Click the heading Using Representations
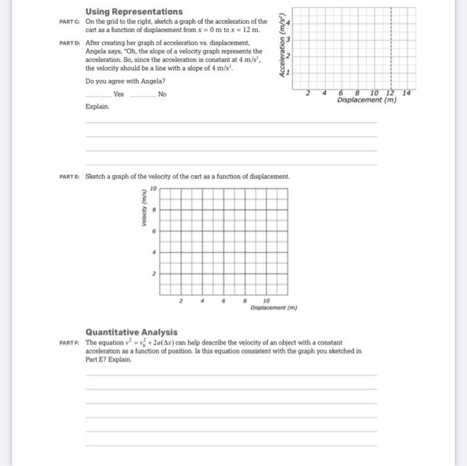tap(133, 11)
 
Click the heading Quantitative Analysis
tap(131, 331)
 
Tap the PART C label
tap(69, 21)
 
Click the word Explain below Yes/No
tap(96, 106)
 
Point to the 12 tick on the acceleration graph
tap(391, 93)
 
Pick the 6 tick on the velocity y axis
tap(154, 231)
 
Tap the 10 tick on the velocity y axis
tap(153, 189)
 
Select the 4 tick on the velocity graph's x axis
tap(202, 301)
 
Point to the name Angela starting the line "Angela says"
tap(97, 51)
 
